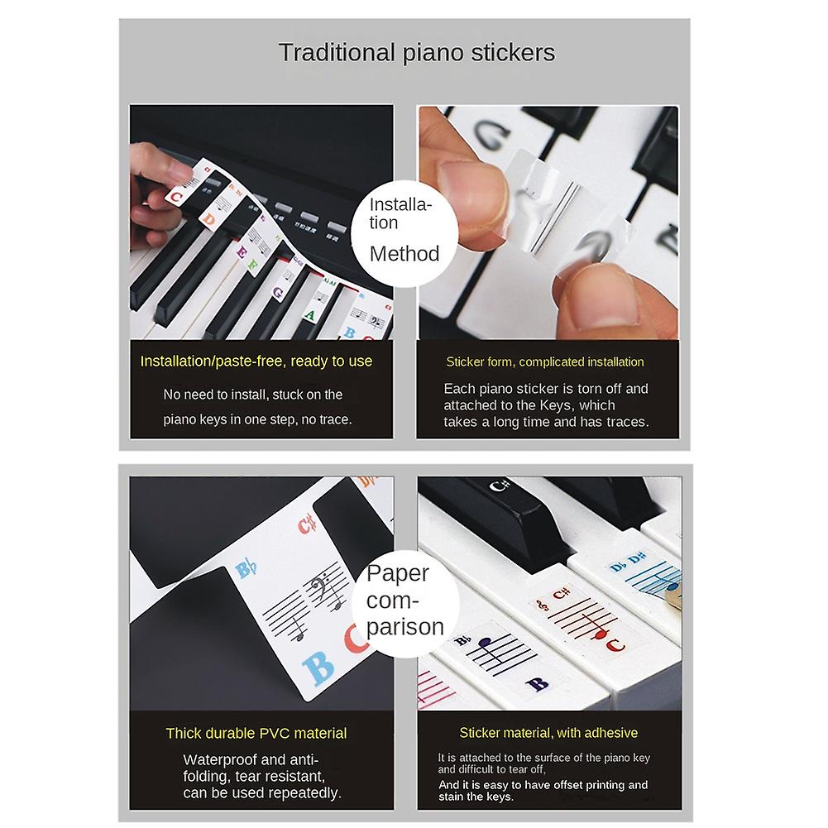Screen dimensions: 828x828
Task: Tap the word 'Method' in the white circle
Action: [x=404, y=253]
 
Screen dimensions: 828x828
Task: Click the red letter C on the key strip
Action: [x=176, y=196]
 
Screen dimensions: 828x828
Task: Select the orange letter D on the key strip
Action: [x=210, y=220]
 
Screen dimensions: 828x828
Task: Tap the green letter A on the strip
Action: [x=309, y=315]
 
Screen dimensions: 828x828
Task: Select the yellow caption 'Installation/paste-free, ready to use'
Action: [x=256, y=361]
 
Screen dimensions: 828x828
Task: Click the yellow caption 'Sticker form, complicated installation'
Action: [x=544, y=361]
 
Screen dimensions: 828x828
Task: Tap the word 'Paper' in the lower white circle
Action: [x=398, y=573]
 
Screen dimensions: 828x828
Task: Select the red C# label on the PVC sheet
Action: [x=309, y=524]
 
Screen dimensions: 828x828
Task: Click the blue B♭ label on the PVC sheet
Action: [x=246, y=570]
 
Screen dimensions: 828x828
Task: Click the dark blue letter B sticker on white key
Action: [x=537, y=684]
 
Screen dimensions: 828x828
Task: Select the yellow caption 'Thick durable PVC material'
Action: [x=256, y=733]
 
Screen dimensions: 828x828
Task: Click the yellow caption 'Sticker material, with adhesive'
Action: [x=548, y=733]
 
